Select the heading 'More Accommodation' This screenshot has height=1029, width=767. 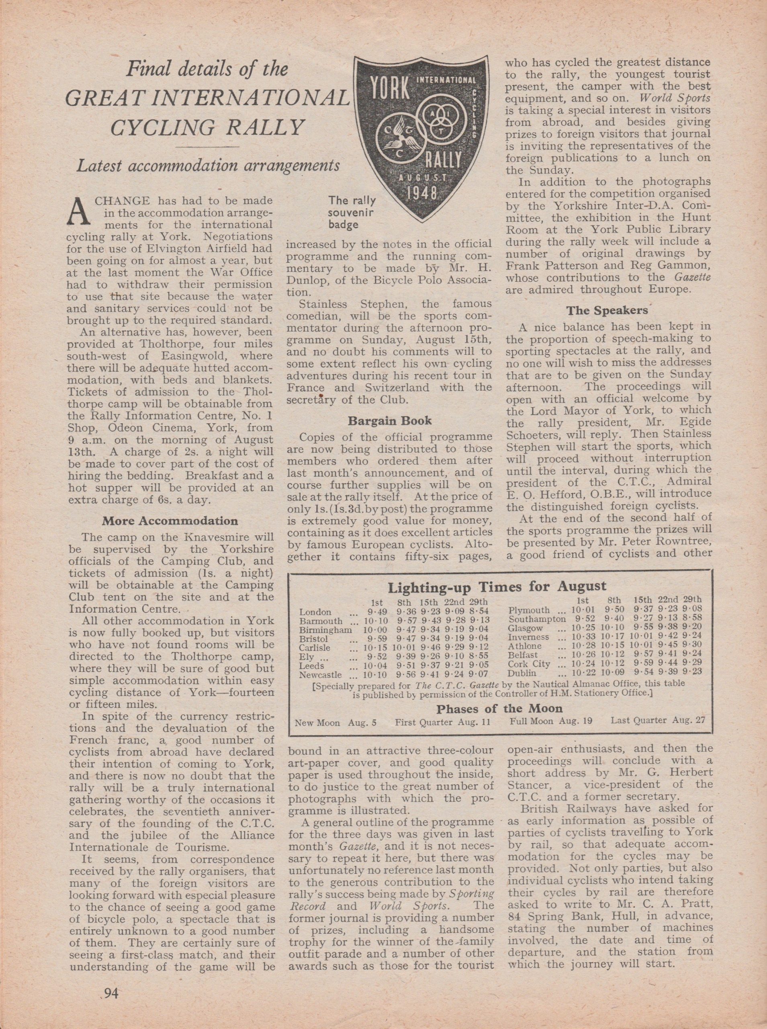point(170,521)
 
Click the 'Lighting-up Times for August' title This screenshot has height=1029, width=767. point(497,586)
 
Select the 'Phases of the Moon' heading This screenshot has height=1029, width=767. point(499,709)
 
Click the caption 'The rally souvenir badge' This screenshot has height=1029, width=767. point(352,213)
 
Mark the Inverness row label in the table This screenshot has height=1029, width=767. point(528,637)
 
